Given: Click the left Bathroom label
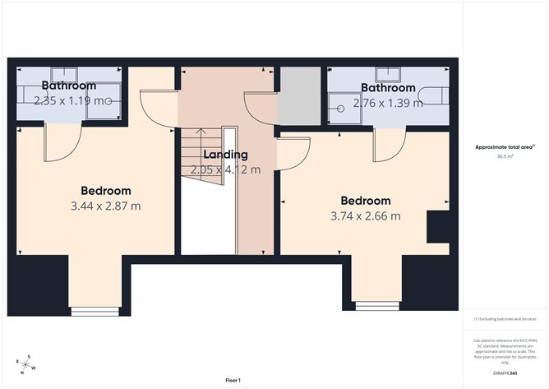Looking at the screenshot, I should (x=69, y=86).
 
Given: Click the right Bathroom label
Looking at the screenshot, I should (x=388, y=88).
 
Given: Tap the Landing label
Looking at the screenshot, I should (x=226, y=155).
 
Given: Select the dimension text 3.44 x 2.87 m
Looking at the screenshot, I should (x=107, y=206).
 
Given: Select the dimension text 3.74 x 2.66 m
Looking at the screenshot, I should (x=367, y=216).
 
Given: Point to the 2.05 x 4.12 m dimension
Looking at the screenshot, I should (x=225, y=170).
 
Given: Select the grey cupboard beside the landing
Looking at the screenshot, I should (x=298, y=97).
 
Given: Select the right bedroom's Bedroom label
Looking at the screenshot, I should (x=366, y=201).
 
